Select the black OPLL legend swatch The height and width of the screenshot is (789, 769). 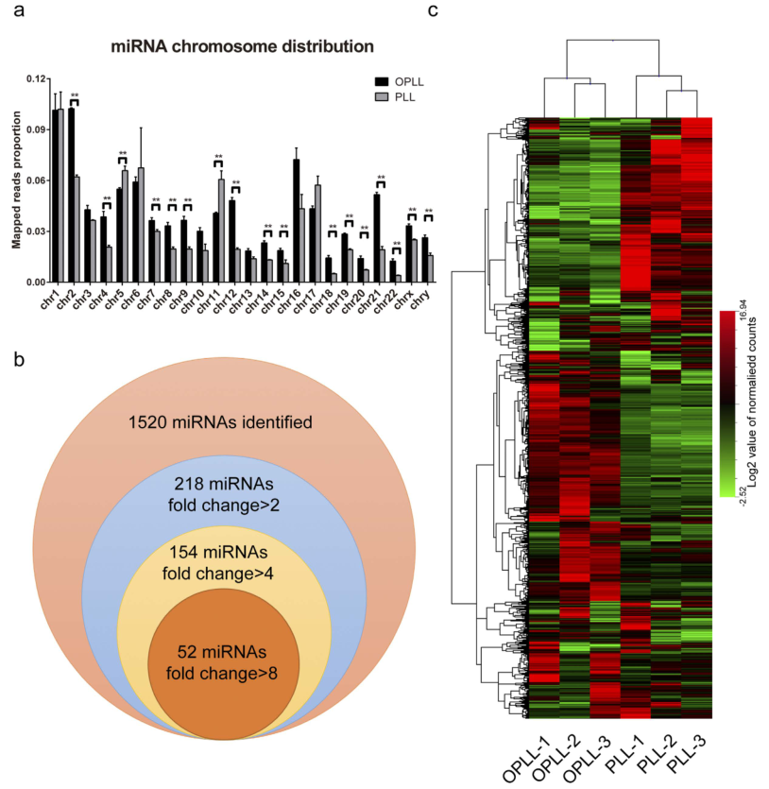(x=382, y=82)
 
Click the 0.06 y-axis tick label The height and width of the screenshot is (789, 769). (x=35, y=180)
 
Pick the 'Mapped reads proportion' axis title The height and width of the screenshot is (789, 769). (x=16, y=180)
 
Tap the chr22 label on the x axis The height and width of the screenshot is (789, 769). (x=395, y=302)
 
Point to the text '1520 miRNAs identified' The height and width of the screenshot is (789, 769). (x=220, y=422)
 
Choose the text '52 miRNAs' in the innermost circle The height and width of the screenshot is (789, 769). (x=220, y=652)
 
